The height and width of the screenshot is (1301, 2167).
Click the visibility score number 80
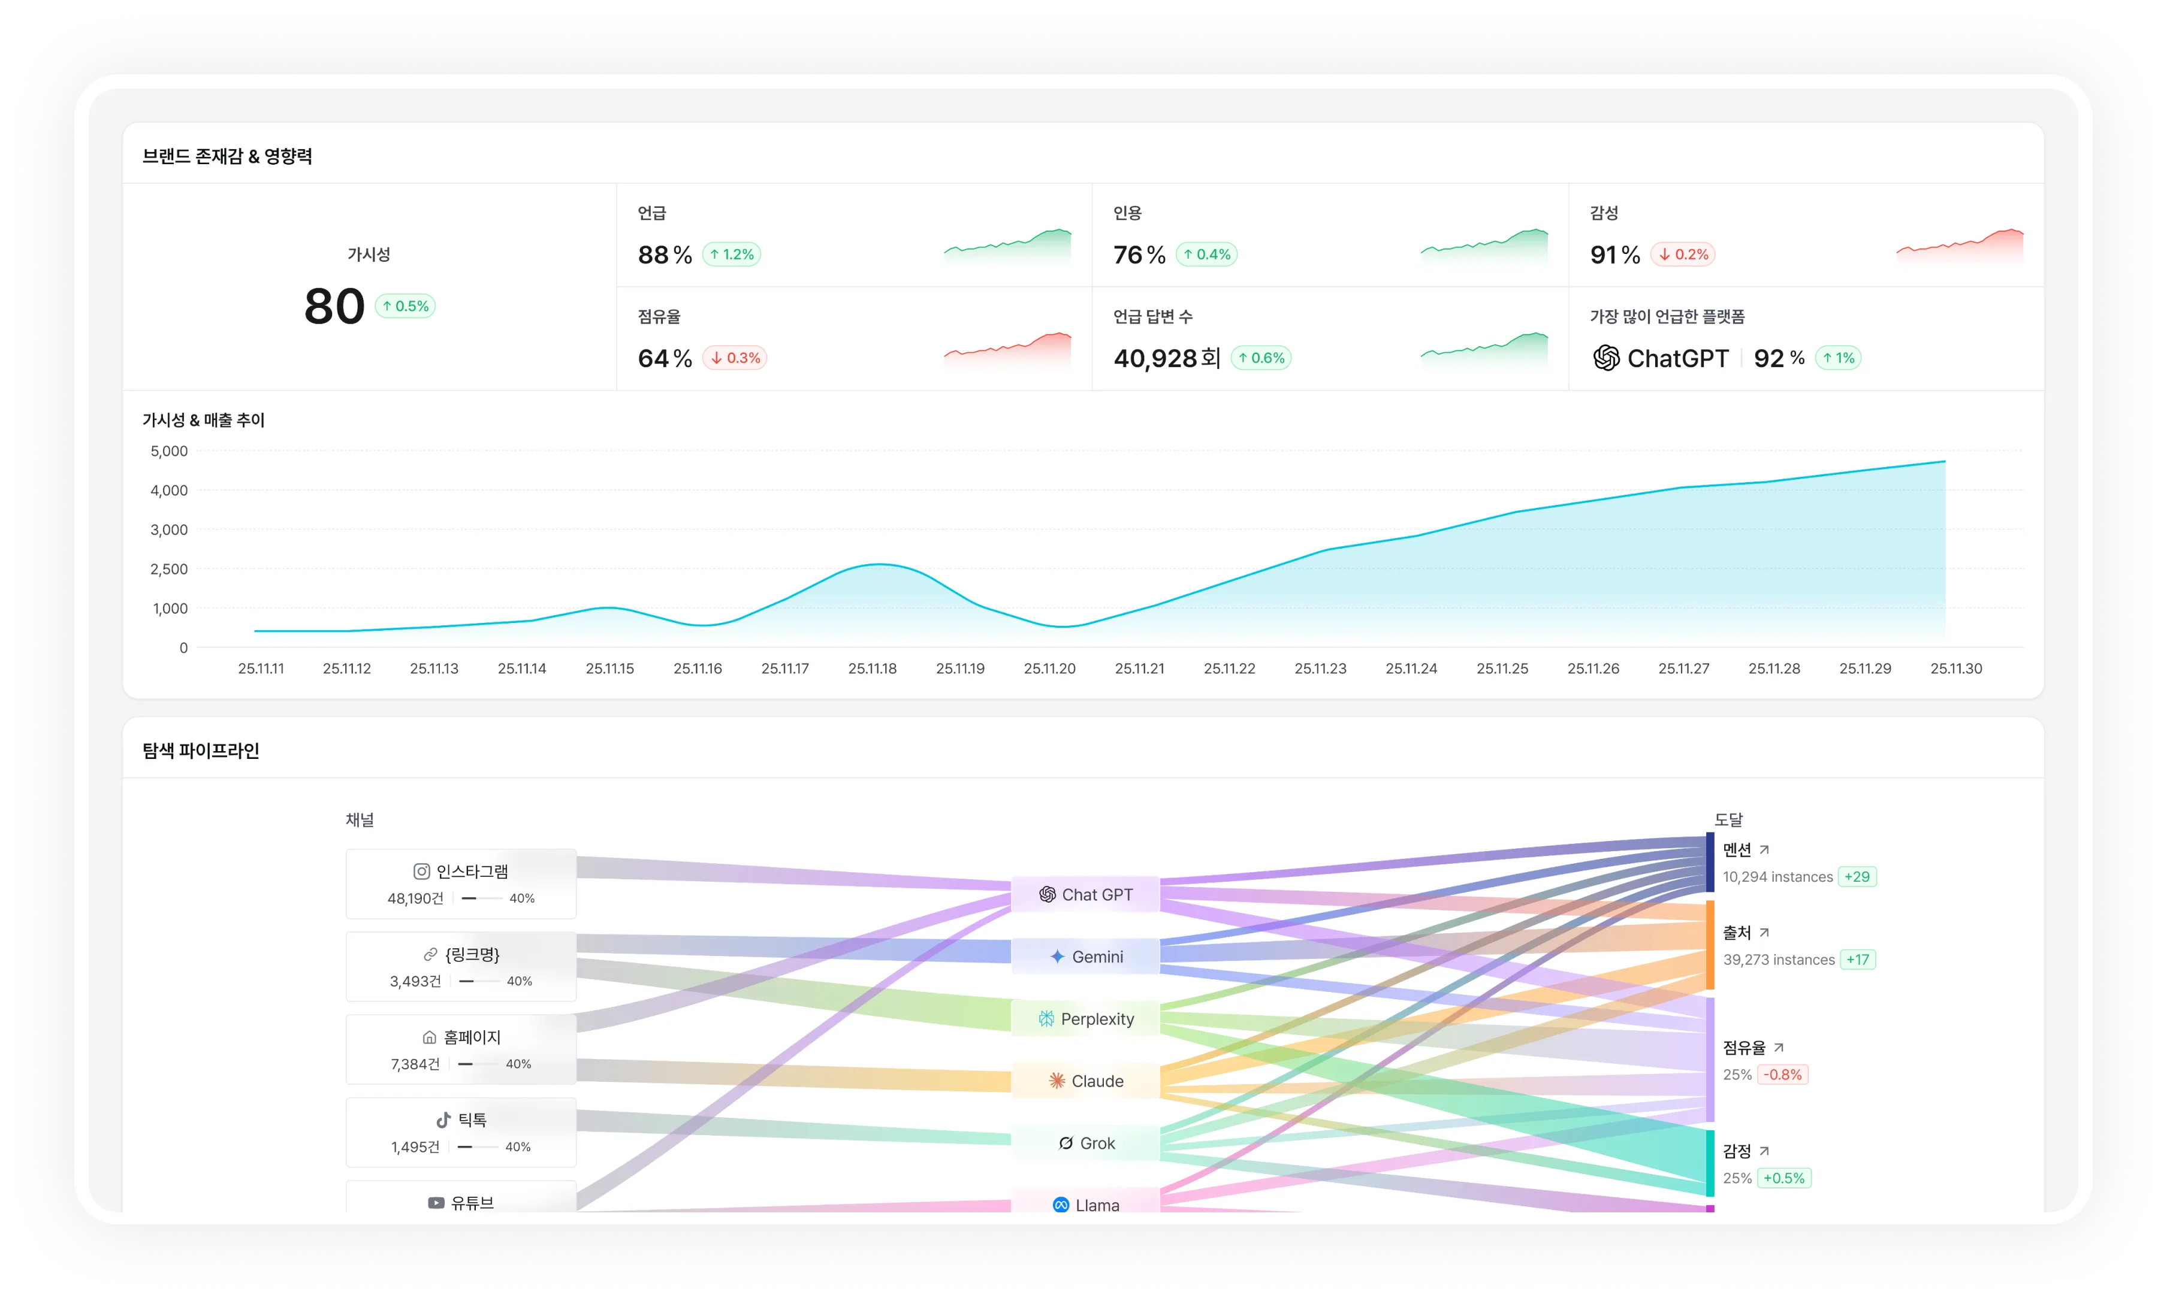[x=334, y=307]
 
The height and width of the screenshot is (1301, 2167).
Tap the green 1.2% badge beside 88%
[x=731, y=254]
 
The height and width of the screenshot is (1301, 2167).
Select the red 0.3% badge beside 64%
[x=735, y=358]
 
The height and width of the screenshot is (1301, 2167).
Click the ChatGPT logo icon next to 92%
[x=1605, y=358]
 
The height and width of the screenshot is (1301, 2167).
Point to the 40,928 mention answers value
[x=1155, y=358]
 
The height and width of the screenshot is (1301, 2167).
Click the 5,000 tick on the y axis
[x=169, y=452]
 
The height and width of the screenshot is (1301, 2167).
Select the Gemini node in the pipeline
[x=1086, y=957]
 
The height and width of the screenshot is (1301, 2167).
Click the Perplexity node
[x=1086, y=1019]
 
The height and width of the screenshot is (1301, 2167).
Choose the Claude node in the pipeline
[x=1086, y=1081]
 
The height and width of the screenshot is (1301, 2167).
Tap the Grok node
[x=1086, y=1143]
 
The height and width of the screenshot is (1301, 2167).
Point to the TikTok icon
[x=443, y=1120]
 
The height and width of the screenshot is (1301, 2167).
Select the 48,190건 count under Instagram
[x=415, y=898]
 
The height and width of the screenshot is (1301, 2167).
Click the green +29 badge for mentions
[x=1857, y=877]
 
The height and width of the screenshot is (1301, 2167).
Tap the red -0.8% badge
[x=1782, y=1075]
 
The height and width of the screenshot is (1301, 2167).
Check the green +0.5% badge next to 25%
[x=1784, y=1178]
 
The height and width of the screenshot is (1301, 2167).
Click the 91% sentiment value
[x=1614, y=254]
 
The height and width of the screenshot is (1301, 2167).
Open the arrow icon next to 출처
[x=1764, y=933]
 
